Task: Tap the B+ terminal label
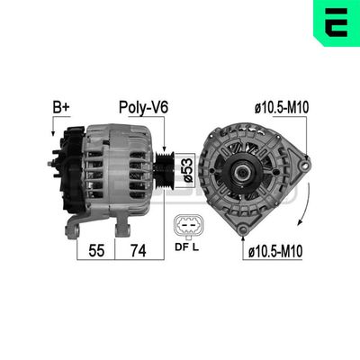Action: tap(60, 109)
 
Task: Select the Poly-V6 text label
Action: tap(144, 109)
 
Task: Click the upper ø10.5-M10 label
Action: tap(283, 109)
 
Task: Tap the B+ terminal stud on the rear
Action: tap(51, 165)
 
